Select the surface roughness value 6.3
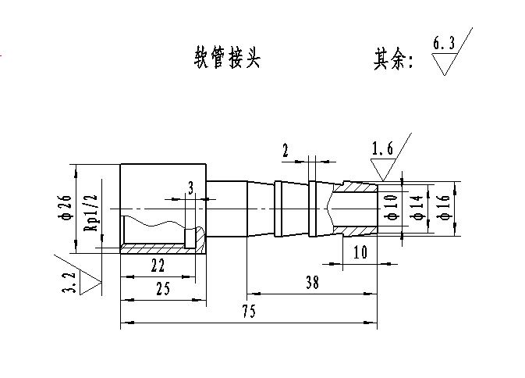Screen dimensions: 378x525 443,44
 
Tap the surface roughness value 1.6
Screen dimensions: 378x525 382,148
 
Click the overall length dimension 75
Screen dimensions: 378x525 248,311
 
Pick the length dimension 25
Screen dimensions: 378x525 162,287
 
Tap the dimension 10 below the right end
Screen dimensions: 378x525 360,252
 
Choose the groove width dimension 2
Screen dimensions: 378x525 286,150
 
